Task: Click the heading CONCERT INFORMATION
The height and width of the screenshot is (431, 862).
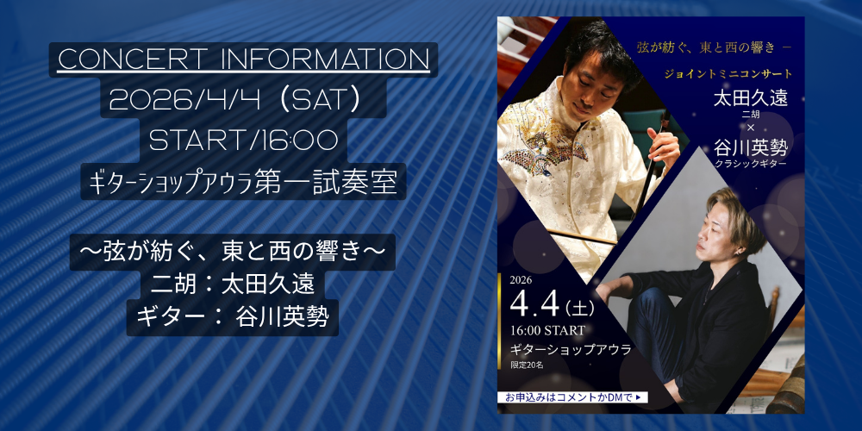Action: [x=244, y=60]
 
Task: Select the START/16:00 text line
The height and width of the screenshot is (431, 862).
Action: [x=243, y=141]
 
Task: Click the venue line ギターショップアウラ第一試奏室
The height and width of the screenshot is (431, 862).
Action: [x=243, y=182]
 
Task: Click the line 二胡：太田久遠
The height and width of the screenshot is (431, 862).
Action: [x=235, y=284]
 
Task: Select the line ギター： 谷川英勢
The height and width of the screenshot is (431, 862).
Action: [x=232, y=318]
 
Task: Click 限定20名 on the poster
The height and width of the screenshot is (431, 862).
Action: [x=527, y=365]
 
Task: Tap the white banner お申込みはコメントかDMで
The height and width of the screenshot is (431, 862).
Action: [x=572, y=397]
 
